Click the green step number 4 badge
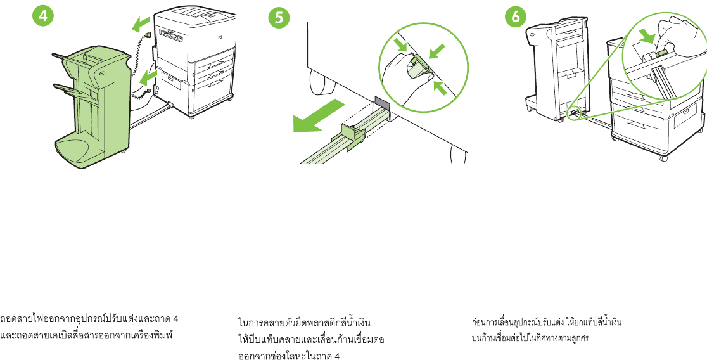click(42, 18)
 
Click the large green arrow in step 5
click(316, 117)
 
